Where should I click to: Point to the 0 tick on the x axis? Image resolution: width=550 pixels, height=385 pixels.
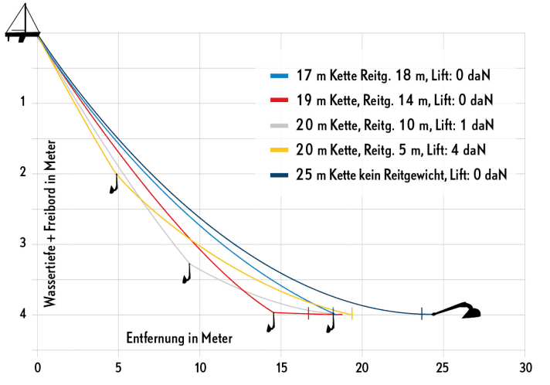point(38,366)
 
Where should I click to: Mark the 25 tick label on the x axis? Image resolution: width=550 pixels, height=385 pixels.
point(443,366)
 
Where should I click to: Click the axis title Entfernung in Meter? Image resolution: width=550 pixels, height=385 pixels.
point(179,338)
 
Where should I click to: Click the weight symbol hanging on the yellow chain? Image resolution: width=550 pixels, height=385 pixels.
point(115,184)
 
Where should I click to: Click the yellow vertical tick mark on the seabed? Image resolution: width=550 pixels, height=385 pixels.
point(352,313)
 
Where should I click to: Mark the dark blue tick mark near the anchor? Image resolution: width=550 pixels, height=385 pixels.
point(422,313)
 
